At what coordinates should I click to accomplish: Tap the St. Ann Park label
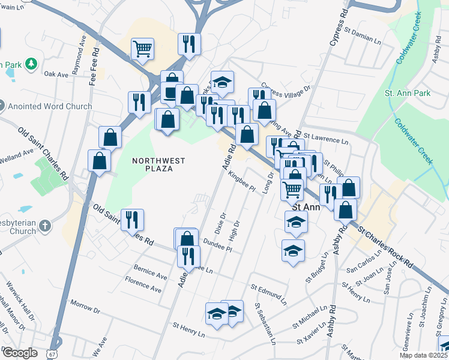coord(408,94)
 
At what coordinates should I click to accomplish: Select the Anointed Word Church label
coord(50,107)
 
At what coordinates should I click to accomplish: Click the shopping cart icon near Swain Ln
coord(142,49)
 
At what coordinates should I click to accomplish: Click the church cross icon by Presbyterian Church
coord(45,227)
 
